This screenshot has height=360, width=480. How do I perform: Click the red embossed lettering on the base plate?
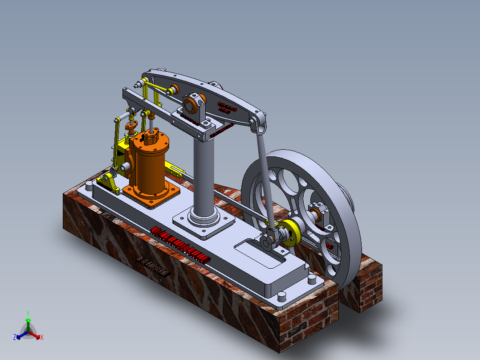click(x=180, y=244)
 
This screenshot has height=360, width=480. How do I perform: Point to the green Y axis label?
click(x=28, y=313)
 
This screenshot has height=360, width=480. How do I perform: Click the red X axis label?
click(x=42, y=337)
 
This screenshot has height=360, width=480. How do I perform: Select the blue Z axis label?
click(x=15, y=337)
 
